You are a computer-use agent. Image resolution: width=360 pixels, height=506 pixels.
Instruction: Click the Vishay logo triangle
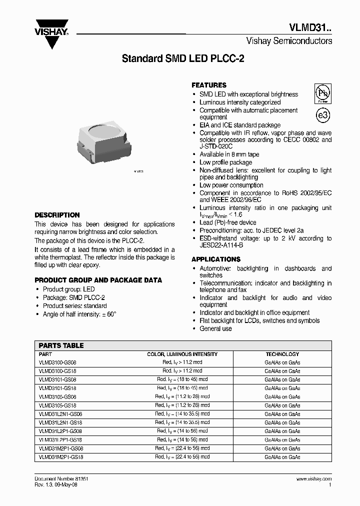pos(51,36)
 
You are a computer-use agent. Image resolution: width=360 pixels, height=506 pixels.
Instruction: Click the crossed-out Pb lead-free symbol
pos(322,93)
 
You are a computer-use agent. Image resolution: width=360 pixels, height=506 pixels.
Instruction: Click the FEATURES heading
pos(209,85)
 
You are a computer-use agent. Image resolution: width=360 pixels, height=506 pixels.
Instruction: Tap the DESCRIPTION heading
pos(57,215)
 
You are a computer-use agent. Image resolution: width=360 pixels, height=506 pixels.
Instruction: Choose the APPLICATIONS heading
pos(216,259)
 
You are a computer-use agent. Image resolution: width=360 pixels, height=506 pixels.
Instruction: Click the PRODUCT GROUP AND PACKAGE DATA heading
pos(98,280)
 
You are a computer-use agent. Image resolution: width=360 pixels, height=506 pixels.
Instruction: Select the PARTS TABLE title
pos(61,345)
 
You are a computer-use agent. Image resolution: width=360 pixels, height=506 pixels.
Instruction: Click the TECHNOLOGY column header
pos(282,354)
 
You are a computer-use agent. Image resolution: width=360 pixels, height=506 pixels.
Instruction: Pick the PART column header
pos(45,354)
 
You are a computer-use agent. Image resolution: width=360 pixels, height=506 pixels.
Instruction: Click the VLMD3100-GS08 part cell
pos(57,362)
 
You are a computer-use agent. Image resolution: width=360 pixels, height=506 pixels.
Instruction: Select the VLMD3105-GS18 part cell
pos(57,405)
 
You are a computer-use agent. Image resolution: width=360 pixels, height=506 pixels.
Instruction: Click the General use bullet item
pos(215,328)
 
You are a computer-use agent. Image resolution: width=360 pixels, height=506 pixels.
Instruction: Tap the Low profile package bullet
pos(225,162)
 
